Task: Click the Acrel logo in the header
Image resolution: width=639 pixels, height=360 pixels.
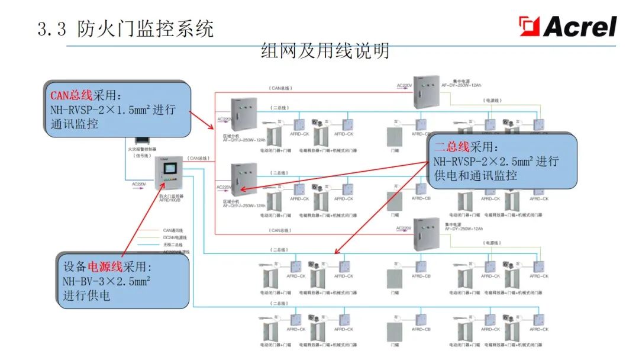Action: (567, 27)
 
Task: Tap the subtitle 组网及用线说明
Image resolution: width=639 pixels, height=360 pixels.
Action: (325, 52)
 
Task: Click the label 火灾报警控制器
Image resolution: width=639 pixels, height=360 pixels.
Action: (144, 151)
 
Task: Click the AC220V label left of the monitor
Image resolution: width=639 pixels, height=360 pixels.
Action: (139, 185)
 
